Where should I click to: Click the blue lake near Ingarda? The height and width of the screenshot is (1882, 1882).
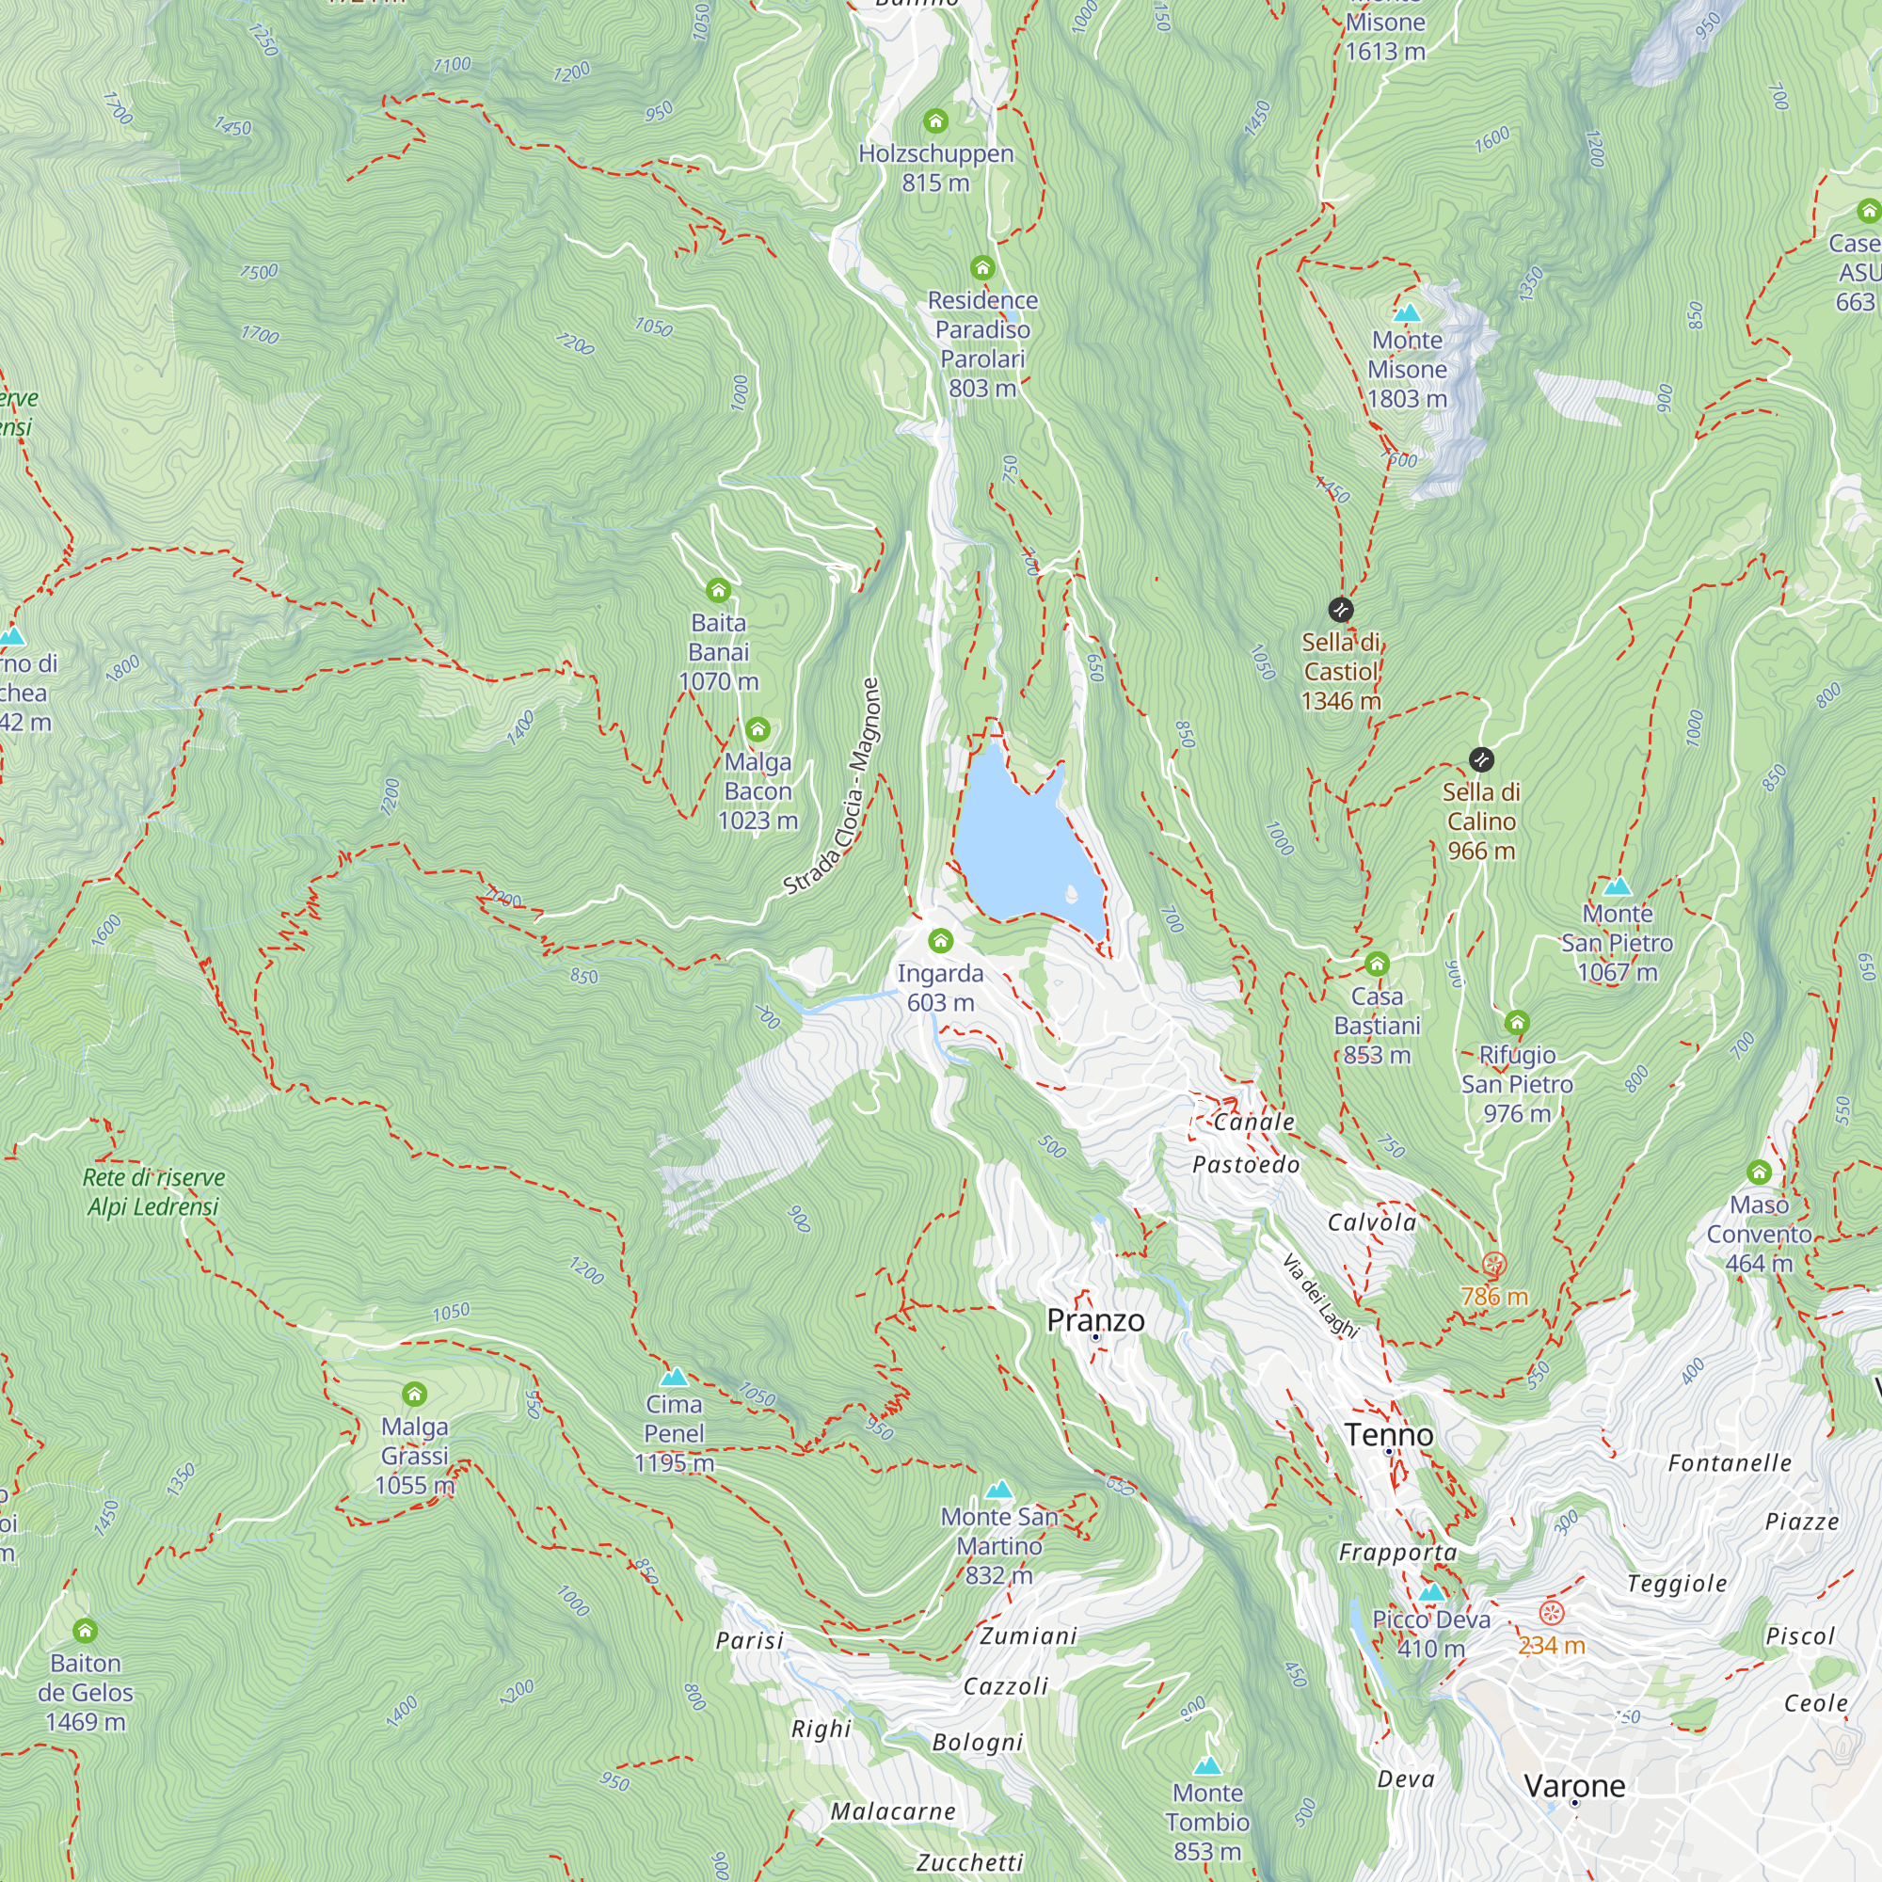1023,848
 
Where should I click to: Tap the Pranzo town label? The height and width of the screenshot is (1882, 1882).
1095,1320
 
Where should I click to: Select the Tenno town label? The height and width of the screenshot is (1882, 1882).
1389,1434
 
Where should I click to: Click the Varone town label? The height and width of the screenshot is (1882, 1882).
1574,1786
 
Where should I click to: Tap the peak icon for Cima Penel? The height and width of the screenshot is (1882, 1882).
674,1377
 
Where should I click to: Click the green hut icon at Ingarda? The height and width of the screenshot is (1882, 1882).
940,940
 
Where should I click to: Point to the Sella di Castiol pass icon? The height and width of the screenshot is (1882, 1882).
1340,610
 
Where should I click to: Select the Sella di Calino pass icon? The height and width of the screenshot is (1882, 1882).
1480,758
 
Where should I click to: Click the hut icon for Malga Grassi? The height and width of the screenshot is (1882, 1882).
414,1394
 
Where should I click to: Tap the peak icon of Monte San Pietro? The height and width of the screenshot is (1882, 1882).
1617,886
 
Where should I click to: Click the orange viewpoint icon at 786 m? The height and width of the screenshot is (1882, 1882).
1493,1266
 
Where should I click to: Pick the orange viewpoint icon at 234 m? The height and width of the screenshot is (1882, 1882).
1551,1613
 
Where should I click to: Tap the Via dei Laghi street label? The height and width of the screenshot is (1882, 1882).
1320,1297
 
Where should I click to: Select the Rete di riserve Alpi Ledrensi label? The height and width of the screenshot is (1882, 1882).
153,1191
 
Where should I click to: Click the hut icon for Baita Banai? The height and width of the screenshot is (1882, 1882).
718,590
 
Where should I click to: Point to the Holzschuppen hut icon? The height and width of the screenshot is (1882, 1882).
935,120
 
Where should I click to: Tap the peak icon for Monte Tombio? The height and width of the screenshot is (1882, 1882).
1207,1765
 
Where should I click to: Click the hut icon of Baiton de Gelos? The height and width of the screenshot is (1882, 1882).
85,1631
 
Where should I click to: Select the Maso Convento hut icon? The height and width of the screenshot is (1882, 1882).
1759,1172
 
